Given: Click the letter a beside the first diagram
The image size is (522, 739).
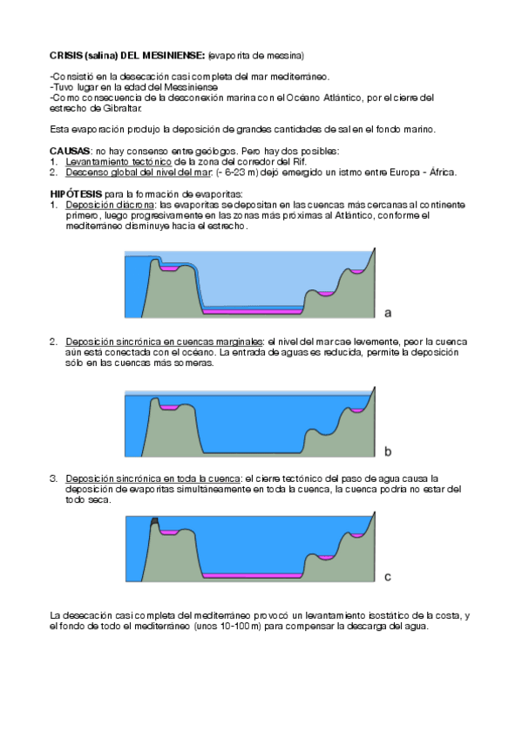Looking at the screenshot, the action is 388,311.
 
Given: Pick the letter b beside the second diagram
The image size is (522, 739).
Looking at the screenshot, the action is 388,451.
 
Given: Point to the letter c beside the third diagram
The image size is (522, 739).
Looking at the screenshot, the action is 388,576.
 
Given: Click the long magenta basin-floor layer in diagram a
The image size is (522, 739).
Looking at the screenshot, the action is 252,310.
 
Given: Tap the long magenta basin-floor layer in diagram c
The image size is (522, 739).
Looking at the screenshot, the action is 252,576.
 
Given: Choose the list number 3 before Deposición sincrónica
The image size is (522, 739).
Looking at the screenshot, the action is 53,478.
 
